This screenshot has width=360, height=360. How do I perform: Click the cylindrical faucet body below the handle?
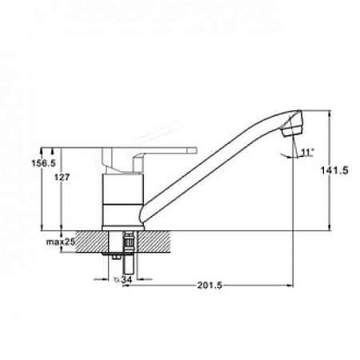pyautogui.click(x=122, y=200)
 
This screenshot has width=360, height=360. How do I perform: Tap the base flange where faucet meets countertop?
pyautogui.click(x=122, y=228)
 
